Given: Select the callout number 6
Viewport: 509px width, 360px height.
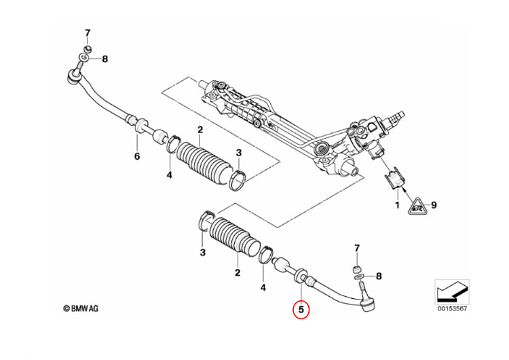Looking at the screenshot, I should [136, 157].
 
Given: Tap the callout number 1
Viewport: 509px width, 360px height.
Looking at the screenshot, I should [398, 204].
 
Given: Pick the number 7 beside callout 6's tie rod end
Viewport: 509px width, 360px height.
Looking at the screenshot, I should [87, 33].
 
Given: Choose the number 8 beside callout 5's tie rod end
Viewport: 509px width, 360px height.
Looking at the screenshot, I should [379, 276].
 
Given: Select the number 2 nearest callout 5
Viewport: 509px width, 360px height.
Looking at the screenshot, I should [237, 273].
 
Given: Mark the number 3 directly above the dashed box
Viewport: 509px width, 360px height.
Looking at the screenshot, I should [238, 152].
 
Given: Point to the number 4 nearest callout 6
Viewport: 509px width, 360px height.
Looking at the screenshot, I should [170, 175].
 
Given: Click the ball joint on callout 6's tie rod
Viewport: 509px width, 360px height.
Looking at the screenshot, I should [75, 77].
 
